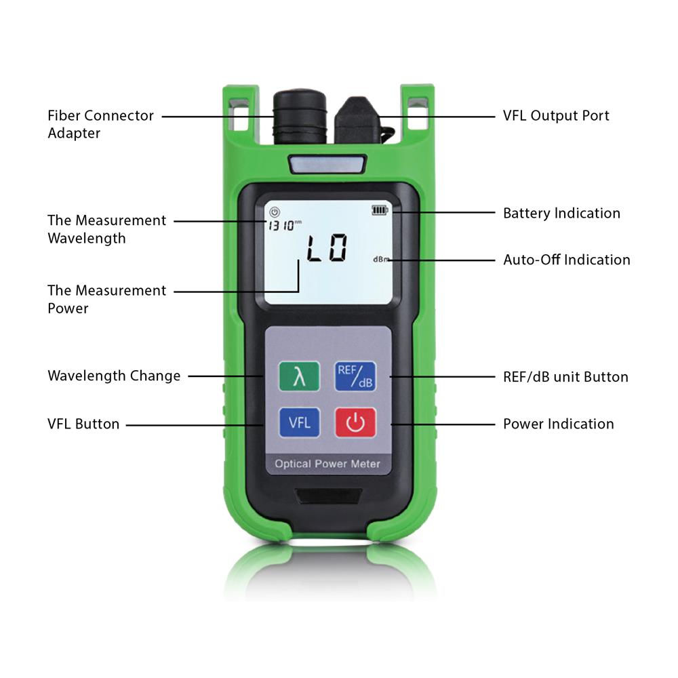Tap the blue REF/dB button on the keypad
tap(355, 376)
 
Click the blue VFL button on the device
tap(299, 422)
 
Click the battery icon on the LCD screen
tap(380, 210)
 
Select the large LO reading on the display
tap(327, 248)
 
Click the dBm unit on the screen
tap(381, 260)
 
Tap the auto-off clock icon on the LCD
tap(275, 212)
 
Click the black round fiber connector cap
tap(299, 117)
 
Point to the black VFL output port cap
tap(358, 121)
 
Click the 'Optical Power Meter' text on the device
tap(327, 464)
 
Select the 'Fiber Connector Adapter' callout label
tap(100, 124)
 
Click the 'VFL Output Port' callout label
tap(556, 116)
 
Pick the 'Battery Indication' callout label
tap(561, 213)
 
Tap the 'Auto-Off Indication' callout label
tap(566, 260)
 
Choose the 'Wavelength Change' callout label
tap(114, 376)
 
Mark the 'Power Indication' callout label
tap(559, 424)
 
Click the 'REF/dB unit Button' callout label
tap(565, 377)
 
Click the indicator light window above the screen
tap(327, 164)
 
